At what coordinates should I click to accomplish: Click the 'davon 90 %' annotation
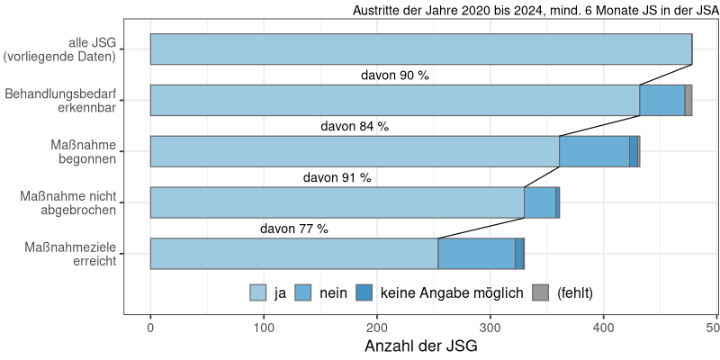click(x=394, y=76)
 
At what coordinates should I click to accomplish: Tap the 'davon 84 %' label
click(x=355, y=127)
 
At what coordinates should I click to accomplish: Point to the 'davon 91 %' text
click(x=337, y=178)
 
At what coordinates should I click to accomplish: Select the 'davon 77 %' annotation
click(x=294, y=229)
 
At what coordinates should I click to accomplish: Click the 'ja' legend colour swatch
click(x=258, y=292)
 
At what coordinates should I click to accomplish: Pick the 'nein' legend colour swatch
click(x=303, y=292)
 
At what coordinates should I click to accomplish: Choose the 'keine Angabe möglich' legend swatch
click(x=364, y=292)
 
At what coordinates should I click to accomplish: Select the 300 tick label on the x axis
click(x=490, y=328)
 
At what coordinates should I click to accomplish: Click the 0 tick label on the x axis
click(x=150, y=328)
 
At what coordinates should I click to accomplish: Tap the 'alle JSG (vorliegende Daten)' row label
click(x=60, y=49)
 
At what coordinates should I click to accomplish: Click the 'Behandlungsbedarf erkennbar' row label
click(x=60, y=101)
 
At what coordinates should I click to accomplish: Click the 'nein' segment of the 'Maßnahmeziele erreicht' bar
click(x=476, y=254)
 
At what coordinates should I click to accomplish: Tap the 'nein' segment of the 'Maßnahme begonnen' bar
click(x=594, y=151)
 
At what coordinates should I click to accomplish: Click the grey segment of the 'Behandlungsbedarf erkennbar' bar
click(x=688, y=100)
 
